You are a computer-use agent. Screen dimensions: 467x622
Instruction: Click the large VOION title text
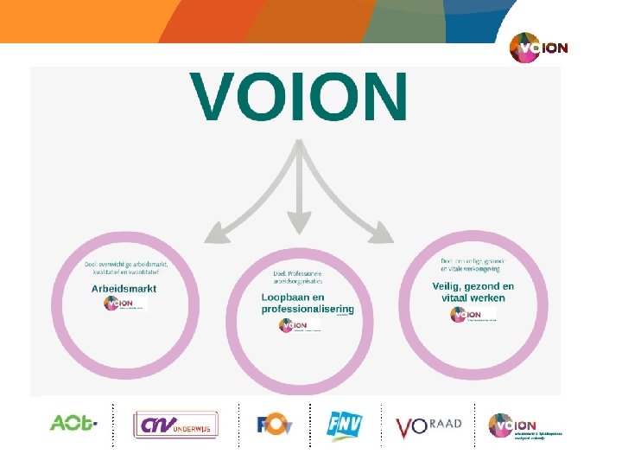[x=299, y=97]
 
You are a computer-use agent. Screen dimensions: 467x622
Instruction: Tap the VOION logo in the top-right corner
[x=538, y=48]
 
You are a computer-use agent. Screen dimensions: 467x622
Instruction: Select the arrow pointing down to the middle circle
[x=298, y=190]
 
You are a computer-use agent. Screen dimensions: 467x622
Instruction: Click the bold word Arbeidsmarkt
[x=124, y=288]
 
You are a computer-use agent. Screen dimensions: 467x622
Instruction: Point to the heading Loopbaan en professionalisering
[x=308, y=303]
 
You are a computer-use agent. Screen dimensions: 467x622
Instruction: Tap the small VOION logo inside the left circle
[x=124, y=304]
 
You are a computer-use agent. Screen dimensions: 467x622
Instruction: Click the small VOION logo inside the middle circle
[x=299, y=325]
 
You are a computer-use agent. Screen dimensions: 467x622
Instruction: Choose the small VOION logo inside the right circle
[x=473, y=315]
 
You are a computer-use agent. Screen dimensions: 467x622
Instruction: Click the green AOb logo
[x=73, y=424]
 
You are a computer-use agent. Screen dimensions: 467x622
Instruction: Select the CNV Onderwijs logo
[x=176, y=424]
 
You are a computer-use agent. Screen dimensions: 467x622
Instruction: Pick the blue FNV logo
[x=345, y=425]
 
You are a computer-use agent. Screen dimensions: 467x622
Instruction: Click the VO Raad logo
[x=428, y=425]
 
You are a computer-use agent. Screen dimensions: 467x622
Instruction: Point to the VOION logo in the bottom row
[x=524, y=425]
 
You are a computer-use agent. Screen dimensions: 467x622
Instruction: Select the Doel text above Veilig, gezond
[x=473, y=265]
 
